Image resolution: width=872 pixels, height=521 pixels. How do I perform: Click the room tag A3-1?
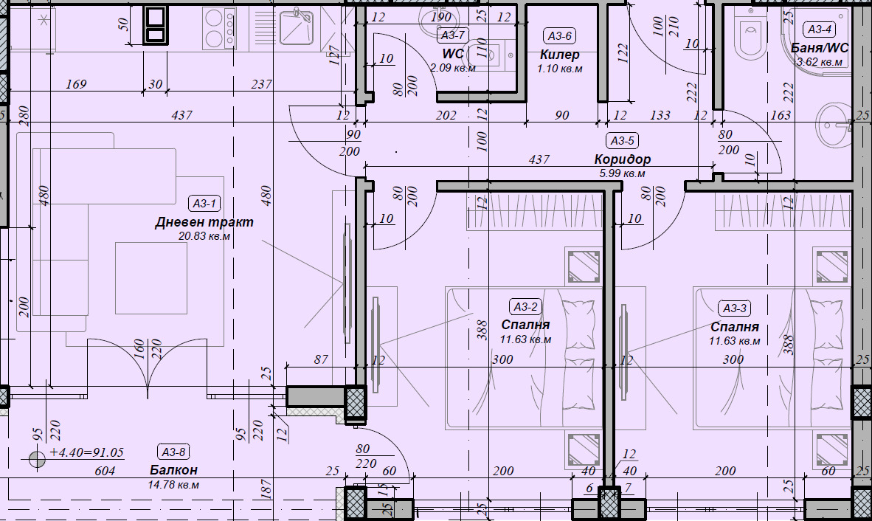pos(204,204)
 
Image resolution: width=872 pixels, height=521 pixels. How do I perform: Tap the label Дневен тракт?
pos(204,222)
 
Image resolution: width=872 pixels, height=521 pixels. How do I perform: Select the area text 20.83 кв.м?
pos(204,235)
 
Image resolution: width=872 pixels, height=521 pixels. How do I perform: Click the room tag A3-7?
pos(452,35)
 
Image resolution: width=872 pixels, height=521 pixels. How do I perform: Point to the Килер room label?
pos(559,55)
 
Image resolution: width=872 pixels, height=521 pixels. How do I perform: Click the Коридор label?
pos(623,159)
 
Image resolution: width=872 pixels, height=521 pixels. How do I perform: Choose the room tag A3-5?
pos(623,141)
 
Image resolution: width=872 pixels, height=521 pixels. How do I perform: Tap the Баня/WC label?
pos(820,48)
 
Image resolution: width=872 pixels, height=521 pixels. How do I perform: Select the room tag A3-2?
pos(525,306)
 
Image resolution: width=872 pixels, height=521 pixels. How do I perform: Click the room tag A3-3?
pos(734,308)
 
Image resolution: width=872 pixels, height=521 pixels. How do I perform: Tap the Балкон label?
pos(173,470)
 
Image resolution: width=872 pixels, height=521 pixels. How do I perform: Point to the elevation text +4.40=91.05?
pos(87,452)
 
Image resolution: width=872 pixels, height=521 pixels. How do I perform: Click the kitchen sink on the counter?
pos(297,26)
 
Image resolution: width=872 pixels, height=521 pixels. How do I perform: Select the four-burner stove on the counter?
pos(220,28)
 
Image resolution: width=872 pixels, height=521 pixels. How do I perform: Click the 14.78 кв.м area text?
pos(173,485)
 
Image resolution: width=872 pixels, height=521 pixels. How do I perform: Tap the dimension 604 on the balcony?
pos(105,472)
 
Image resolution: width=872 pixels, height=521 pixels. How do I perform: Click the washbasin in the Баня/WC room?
pos(834,125)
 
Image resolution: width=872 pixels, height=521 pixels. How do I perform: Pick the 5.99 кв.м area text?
pos(623,173)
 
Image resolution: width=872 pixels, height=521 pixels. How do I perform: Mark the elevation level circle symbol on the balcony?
pos(37,459)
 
